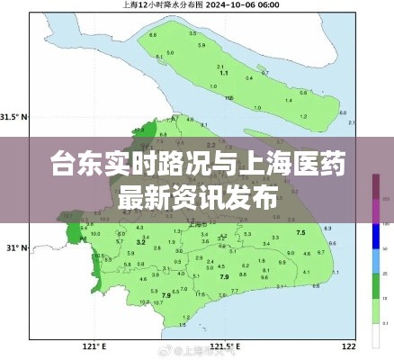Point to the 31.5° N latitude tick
pos(13,117)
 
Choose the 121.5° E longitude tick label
pos(224,346)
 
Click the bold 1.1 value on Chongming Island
pos(223,72)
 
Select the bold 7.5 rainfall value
pos(300,233)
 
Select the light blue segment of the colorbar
pos(375,261)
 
